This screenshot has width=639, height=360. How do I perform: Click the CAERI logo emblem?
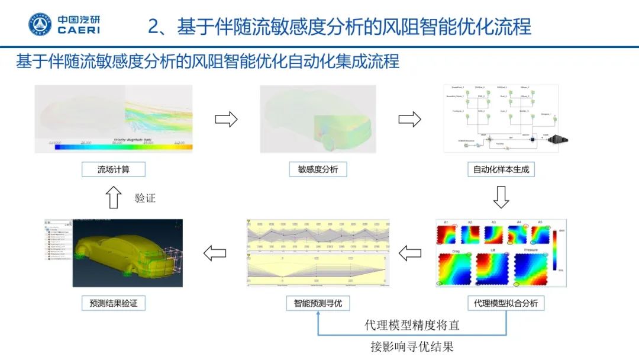[41, 24]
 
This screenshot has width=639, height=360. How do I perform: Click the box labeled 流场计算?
[113, 169]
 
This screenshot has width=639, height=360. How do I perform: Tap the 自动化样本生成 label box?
[501, 169]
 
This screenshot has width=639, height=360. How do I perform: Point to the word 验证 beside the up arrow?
[145, 198]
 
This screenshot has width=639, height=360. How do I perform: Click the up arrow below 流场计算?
[113, 197]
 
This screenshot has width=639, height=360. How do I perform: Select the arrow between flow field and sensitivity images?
[225, 120]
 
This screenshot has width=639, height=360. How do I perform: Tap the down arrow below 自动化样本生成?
[501, 197]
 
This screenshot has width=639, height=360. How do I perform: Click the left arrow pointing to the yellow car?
[214, 253]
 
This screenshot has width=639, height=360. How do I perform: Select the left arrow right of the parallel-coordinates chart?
[410, 253]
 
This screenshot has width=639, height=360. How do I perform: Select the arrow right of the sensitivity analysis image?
[409, 120]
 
